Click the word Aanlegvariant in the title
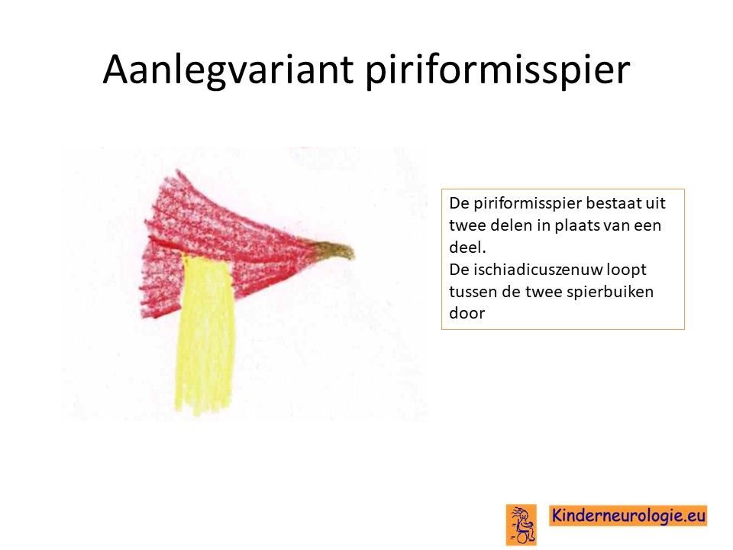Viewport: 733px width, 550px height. pyautogui.click(x=228, y=70)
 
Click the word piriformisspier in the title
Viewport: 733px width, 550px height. pyautogui.click(x=498, y=70)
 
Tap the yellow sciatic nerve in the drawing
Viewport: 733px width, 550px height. pyautogui.click(x=205, y=335)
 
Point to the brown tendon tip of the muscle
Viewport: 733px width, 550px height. pyautogui.click(x=333, y=250)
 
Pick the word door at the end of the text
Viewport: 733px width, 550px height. pyautogui.click(x=467, y=313)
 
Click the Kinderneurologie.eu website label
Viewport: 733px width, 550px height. pyautogui.click(x=628, y=516)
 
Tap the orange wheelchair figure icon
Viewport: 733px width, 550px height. pyautogui.click(x=521, y=525)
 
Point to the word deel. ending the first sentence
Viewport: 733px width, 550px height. pyautogui.click(x=467, y=247)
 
